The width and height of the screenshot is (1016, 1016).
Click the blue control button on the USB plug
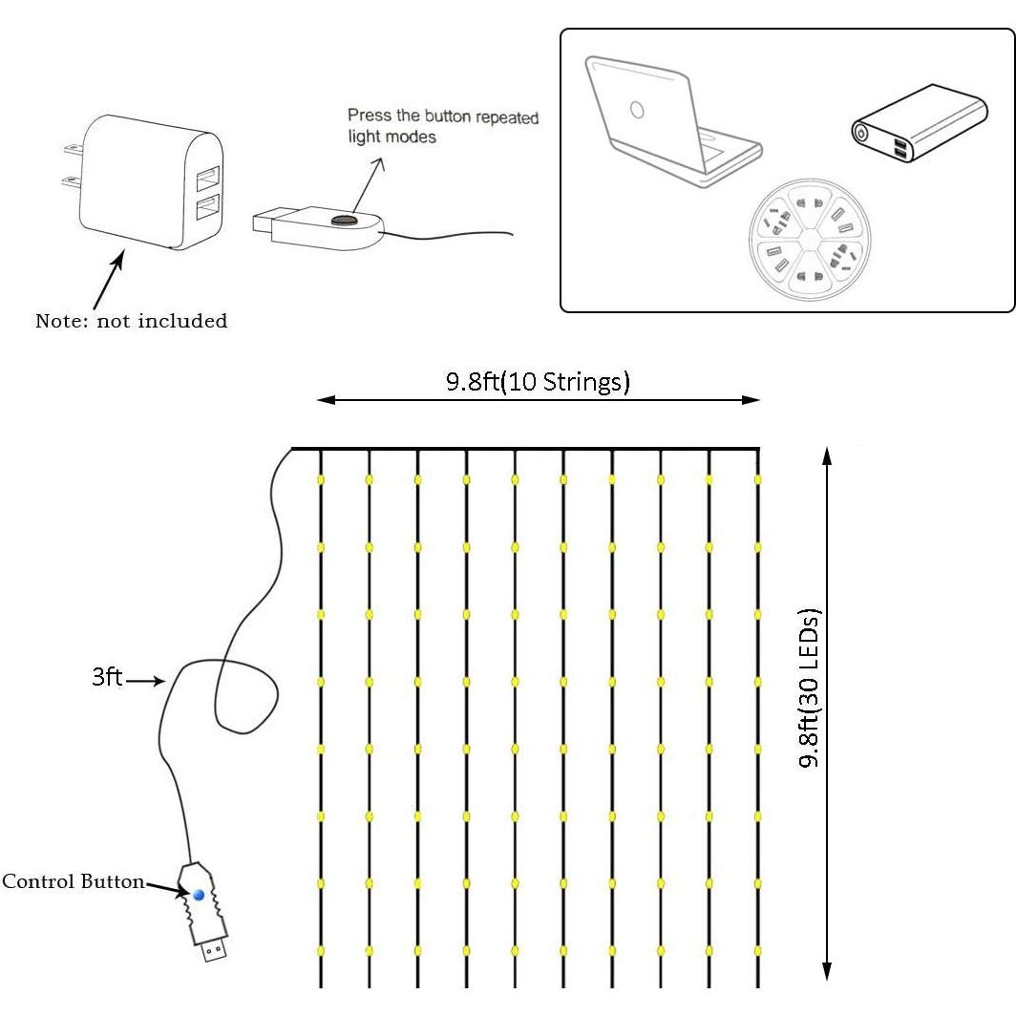(x=199, y=895)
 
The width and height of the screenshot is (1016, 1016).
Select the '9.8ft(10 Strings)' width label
(x=538, y=382)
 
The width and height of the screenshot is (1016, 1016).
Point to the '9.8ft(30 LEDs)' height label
(x=811, y=688)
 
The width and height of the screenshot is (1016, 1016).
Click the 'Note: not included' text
(x=131, y=321)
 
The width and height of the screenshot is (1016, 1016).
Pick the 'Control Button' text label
(x=73, y=881)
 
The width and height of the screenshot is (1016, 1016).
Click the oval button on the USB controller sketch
(x=343, y=221)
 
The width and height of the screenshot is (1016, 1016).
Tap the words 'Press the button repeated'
(x=442, y=116)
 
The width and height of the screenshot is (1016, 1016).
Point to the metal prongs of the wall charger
(x=69, y=163)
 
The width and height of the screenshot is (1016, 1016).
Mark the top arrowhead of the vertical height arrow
(x=827, y=457)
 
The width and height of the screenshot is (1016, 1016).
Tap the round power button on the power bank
(x=861, y=134)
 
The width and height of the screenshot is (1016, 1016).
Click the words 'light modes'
(x=392, y=138)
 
